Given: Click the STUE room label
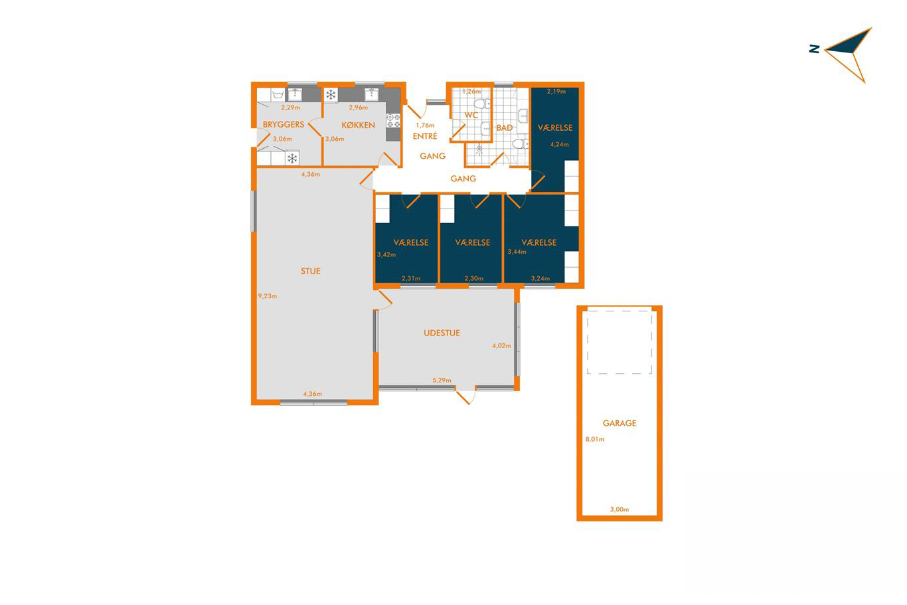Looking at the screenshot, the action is [311, 271].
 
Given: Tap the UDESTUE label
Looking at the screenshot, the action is [442, 333].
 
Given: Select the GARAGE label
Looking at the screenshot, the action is [619, 423].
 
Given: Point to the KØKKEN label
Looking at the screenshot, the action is [359, 125].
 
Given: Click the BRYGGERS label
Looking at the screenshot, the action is [284, 124].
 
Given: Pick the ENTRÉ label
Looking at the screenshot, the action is [425, 135].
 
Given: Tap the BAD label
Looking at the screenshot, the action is [505, 128].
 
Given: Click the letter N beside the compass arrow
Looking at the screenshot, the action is [814, 49].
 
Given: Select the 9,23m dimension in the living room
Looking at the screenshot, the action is [268, 296].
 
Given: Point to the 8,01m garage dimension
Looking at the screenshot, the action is [595, 439].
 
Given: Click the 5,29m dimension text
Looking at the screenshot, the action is [442, 381].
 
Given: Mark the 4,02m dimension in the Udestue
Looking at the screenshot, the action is [502, 346].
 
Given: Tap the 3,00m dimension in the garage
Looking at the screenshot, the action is [619, 509].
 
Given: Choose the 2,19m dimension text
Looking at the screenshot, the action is [556, 92].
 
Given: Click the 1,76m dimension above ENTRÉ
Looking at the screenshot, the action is [425, 126].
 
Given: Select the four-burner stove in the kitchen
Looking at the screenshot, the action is [393, 121].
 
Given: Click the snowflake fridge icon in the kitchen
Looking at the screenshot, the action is [331, 95].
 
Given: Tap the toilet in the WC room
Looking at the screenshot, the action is [482, 104].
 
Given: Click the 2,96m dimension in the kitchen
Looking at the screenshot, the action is [359, 108].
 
